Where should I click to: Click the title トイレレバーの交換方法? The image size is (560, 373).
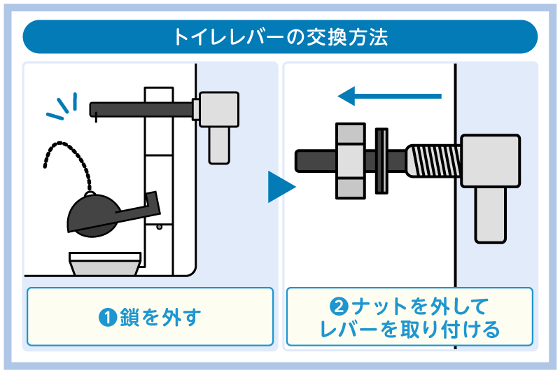click(280, 36)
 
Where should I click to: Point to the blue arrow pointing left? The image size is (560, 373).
click(389, 95)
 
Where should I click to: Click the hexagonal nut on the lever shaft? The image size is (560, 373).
click(351, 160)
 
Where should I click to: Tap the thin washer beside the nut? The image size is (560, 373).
click(382, 160)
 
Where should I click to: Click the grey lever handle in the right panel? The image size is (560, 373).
click(490, 182)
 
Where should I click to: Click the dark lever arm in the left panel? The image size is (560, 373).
click(140, 107)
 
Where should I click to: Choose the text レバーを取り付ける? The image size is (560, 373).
click(409, 329)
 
